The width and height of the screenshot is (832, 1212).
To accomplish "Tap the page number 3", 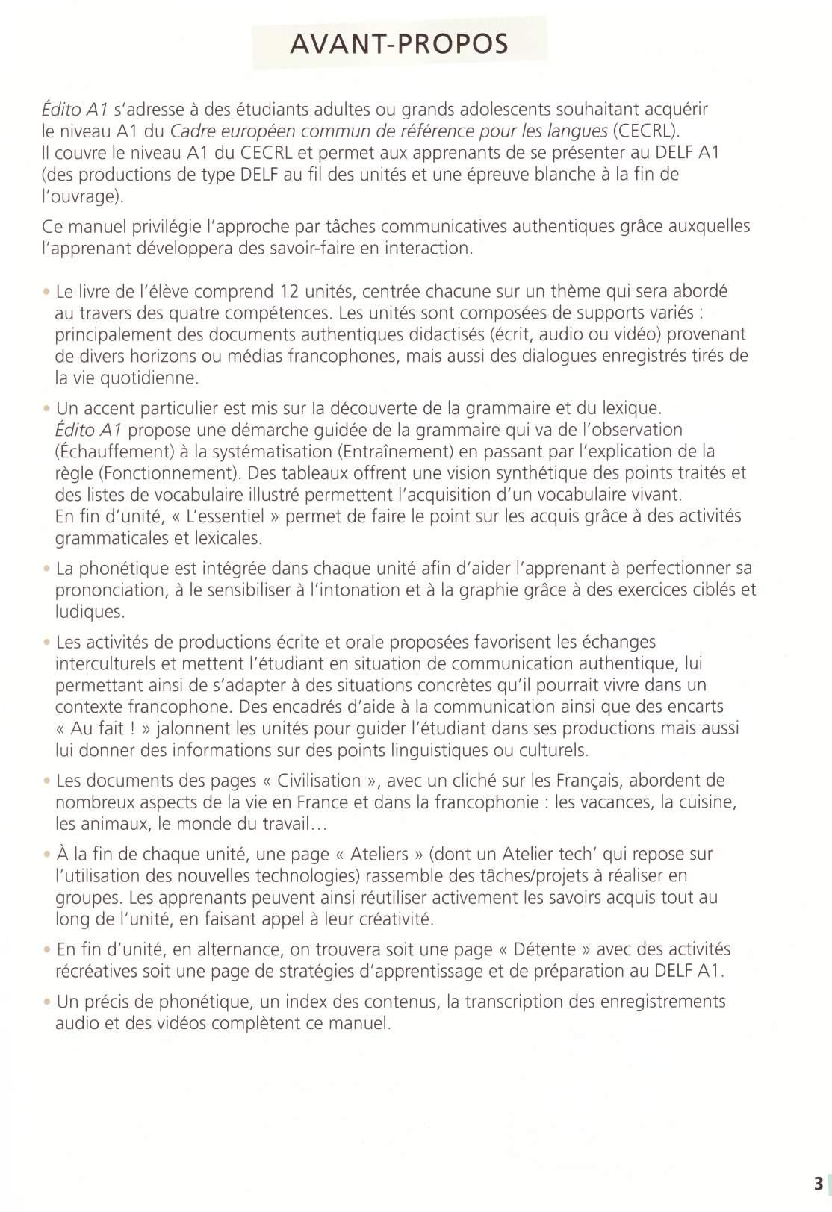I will click(x=819, y=1184).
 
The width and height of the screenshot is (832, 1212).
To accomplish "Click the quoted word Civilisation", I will click(x=319, y=781).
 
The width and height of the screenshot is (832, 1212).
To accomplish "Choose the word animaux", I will click(x=121, y=825).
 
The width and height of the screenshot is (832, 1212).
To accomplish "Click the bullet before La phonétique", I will click(x=46, y=569).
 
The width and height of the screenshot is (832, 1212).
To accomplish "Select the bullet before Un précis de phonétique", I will click(x=46, y=1002).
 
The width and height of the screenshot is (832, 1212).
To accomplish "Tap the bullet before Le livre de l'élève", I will click(x=46, y=291).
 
